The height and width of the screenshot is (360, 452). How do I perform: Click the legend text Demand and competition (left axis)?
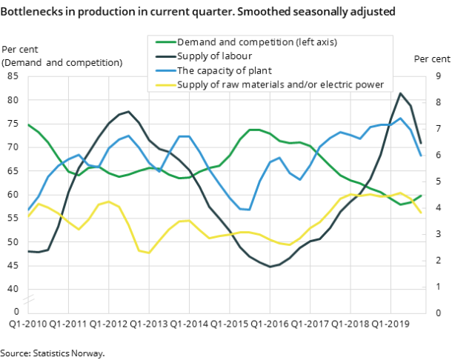click(x=256, y=42)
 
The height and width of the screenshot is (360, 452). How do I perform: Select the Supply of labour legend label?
click(x=215, y=56)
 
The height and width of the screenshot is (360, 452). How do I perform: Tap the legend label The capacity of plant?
click(x=224, y=70)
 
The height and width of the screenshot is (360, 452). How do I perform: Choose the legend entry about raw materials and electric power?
click(x=280, y=84)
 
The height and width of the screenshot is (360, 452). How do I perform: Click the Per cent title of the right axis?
click(x=431, y=59)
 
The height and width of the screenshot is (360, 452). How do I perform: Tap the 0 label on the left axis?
click(x=16, y=312)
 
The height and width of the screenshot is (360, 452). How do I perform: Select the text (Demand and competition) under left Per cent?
click(x=62, y=62)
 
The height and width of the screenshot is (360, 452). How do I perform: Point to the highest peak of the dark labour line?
click(x=401, y=93)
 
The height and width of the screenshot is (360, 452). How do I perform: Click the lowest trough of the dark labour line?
click(x=270, y=267)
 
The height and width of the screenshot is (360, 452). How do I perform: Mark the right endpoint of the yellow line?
click(x=421, y=213)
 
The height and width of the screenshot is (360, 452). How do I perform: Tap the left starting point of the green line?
click(x=28, y=124)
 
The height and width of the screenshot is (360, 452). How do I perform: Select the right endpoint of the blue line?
click(x=421, y=156)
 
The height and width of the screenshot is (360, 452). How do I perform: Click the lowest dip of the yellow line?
click(x=149, y=253)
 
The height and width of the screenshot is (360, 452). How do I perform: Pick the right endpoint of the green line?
click(x=421, y=196)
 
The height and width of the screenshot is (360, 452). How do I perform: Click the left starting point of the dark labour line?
click(x=28, y=251)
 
